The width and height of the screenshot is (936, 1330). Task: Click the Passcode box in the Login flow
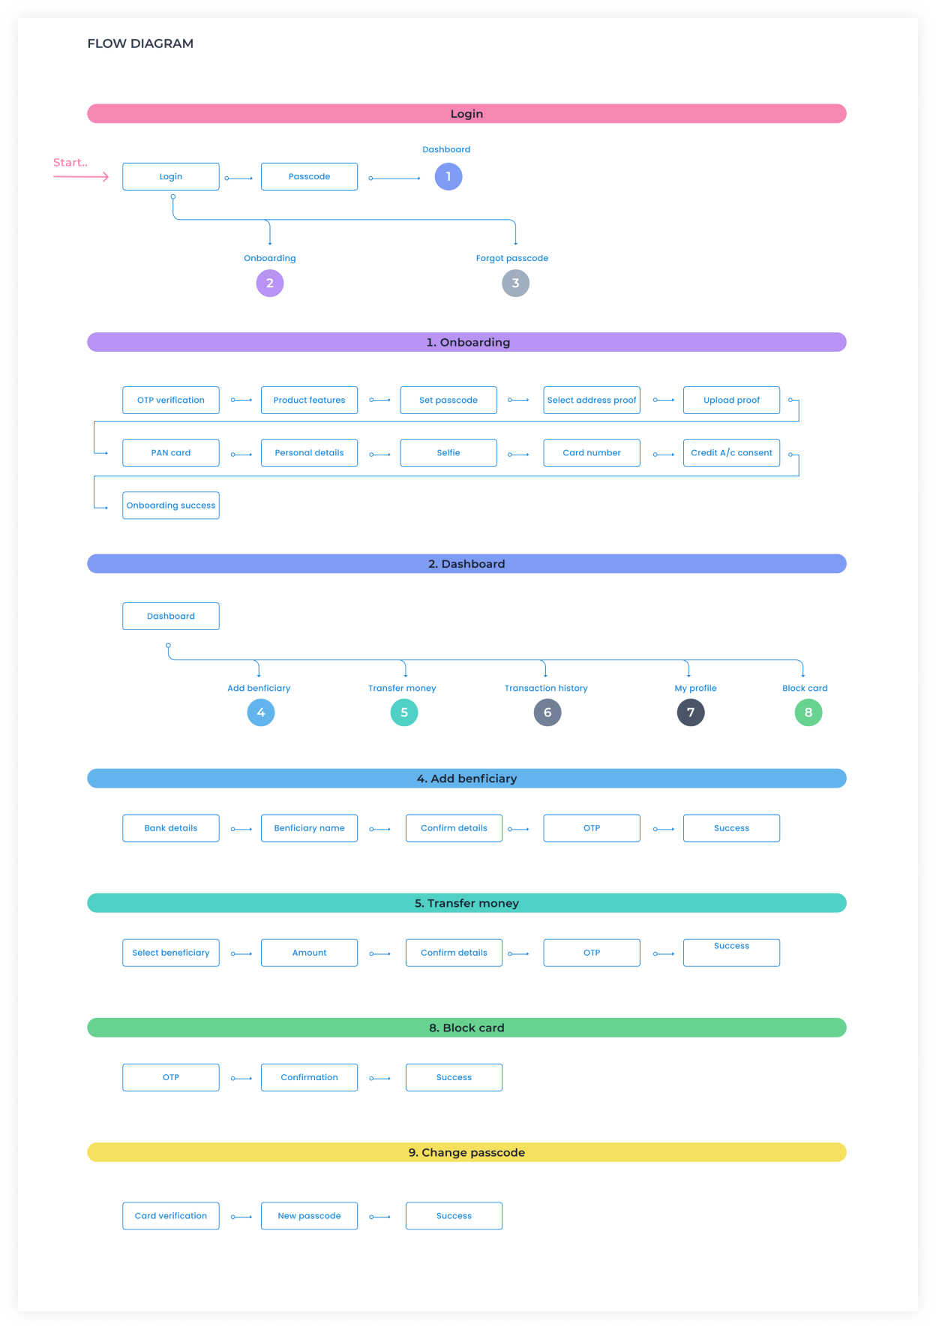click(x=309, y=176)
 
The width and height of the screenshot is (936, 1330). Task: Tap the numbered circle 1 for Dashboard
click(x=448, y=176)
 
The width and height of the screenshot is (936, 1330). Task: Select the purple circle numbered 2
click(x=270, y=283)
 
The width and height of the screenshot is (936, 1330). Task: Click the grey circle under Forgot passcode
click(x=515, y=283)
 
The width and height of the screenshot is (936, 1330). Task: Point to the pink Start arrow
click(x=81, y=176)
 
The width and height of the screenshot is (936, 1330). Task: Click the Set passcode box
click(x=448, y=400)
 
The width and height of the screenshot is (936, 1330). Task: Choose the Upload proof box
click(x=731, y=400)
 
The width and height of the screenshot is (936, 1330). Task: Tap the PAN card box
click(x=171, y=452)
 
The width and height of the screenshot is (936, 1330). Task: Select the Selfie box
click(x=448, y=452)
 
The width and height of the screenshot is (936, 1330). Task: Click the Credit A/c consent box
click(x=731, y=452)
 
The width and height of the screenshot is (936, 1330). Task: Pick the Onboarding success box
click(x=171, y=505)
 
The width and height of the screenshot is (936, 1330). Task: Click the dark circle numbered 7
click(x=691, y=712)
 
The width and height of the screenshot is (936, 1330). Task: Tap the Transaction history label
click(x=546, y=688)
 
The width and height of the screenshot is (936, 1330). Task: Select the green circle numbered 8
click(x=808, y=712)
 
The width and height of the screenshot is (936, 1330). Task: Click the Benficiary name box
click(x=309, y=827)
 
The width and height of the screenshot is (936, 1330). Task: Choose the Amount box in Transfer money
click(x=309, y=952)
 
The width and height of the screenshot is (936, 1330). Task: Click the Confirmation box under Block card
click(x=309, y=1076)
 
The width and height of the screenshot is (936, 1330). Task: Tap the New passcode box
click(x=309, y=1215)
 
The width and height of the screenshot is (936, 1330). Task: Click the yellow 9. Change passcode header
click(x=466, y=1151)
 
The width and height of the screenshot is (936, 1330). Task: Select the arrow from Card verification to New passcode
click(x=241, y=1217)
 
